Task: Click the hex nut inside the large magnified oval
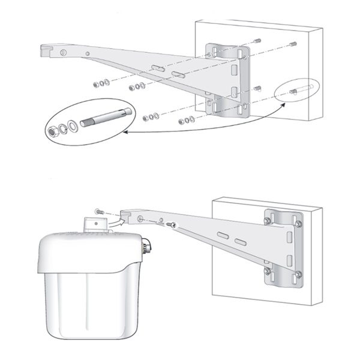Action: click(53, 129)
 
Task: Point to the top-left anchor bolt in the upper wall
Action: click(256, 41)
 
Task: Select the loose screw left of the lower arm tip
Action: click(99, 211)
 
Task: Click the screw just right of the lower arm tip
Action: click(172, 224)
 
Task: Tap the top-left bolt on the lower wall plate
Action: click(266, 221)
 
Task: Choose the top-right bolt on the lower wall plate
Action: click(298, 224)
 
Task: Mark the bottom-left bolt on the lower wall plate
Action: click(266, 271)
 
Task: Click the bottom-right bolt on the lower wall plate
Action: click(298, 275)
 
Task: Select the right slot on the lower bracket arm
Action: click(241, 242)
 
